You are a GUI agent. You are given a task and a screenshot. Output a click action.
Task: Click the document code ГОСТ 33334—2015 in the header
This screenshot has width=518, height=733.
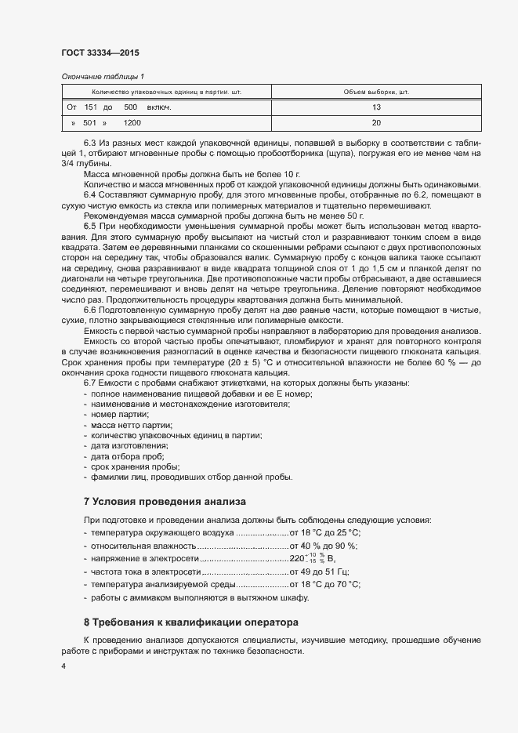[x=100, y=53]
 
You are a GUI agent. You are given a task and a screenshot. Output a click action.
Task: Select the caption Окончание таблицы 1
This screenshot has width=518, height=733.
[x=103, y=76]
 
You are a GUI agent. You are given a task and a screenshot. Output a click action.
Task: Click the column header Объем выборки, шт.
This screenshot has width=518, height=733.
[x=376, y=92]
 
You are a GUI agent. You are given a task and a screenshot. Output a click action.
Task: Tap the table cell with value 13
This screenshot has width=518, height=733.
[x=376, y=107]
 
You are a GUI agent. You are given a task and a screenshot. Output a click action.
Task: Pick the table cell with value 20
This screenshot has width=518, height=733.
[x=376, y=123]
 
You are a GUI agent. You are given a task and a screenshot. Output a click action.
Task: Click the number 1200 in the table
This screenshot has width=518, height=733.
[x=132, y=123]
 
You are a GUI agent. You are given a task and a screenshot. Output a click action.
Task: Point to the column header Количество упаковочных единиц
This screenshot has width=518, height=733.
[x=177, y=92]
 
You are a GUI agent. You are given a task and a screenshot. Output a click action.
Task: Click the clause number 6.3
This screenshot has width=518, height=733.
[x=89, y=143]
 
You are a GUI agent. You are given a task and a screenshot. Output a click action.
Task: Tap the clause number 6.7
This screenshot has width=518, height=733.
[x=89, y=383]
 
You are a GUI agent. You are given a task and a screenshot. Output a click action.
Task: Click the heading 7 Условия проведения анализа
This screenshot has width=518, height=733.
[x=165, y=501]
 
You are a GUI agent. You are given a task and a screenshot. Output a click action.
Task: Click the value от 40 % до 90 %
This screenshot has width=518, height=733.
[x=324, y=546]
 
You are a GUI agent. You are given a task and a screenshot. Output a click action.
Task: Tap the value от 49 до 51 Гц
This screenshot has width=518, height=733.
[x=320, y=572]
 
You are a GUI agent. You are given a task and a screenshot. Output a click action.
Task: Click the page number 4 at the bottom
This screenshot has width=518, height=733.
[x=63, y=666]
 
